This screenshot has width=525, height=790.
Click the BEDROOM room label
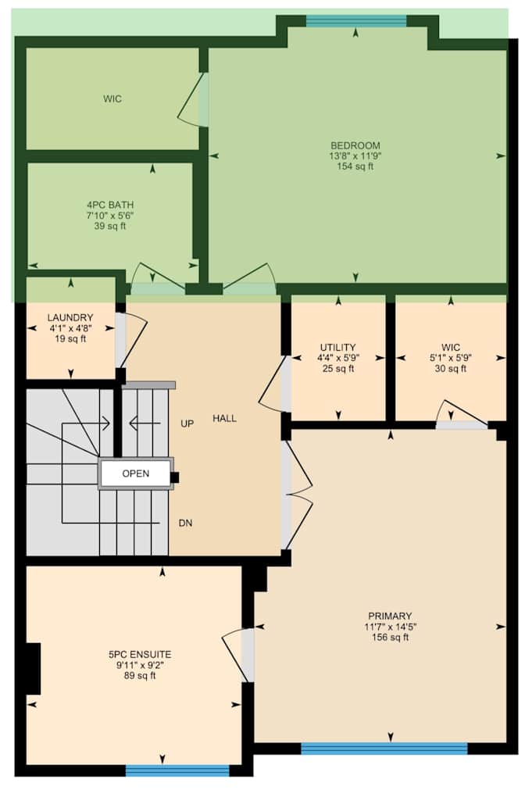[355, 145]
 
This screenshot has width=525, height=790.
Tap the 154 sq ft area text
[355, 166]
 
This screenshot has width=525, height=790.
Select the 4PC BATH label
[105, 205]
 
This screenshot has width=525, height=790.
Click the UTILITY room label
[337, 347]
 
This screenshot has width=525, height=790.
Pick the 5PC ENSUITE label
[140, 654]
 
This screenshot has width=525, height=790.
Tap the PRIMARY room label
[391, 616]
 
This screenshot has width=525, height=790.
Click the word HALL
[224, 419]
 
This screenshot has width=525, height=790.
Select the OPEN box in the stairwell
[135, 474]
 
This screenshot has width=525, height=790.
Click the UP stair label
[187, 424]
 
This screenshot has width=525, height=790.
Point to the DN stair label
[186, 523]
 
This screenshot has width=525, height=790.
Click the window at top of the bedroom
[355, 21]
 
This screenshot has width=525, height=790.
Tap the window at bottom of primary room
[384, 749]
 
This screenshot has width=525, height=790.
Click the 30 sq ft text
[451, 368]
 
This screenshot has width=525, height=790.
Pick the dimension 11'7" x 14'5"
[391, 627]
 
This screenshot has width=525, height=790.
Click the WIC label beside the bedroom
[112, 99]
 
